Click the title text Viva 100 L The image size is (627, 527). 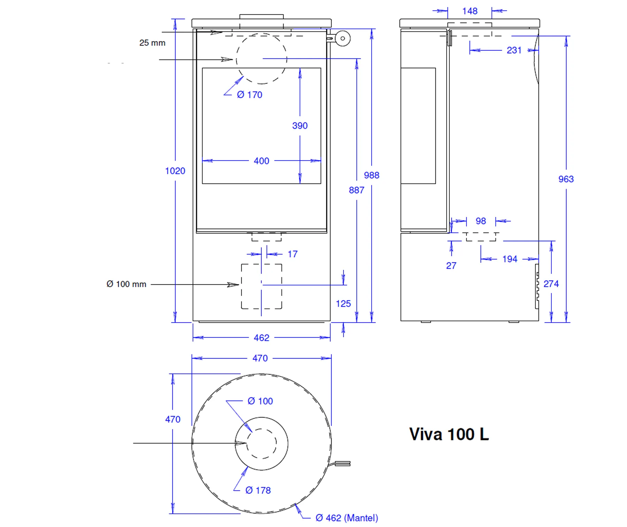point(449,434)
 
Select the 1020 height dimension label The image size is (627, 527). point(175,171)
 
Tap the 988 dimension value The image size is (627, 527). point(371,175)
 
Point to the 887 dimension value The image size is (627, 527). point(356,190)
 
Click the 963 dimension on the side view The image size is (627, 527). point(566,179)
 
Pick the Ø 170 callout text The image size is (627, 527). point(249,95)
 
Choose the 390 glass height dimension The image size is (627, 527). point(300,126)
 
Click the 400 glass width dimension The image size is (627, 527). point(261,161)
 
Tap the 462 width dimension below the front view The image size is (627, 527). point(261,338)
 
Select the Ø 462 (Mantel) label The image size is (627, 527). point(347,518)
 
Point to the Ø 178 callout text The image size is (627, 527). point(258,490)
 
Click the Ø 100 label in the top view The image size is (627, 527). point(260,401)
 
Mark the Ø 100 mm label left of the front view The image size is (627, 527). point(126,284)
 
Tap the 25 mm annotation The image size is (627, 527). point(152,43)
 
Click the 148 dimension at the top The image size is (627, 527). point(470,11)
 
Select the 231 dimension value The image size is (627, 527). point(514,50)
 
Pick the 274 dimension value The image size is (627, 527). point(551,284)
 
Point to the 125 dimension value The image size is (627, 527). point(343,304)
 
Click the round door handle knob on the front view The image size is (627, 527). point(342,39)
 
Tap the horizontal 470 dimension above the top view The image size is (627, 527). point(260,358)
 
